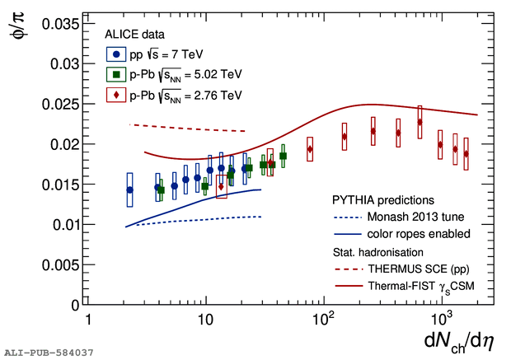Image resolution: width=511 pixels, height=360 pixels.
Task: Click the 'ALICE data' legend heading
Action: [x=134, y=35]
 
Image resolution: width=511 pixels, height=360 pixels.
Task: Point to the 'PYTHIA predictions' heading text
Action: [x=383, y=200]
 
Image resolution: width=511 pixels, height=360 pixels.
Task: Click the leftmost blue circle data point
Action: [x=129, y=189]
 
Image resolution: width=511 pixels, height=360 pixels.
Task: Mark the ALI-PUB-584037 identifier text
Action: [x=49, y=353]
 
